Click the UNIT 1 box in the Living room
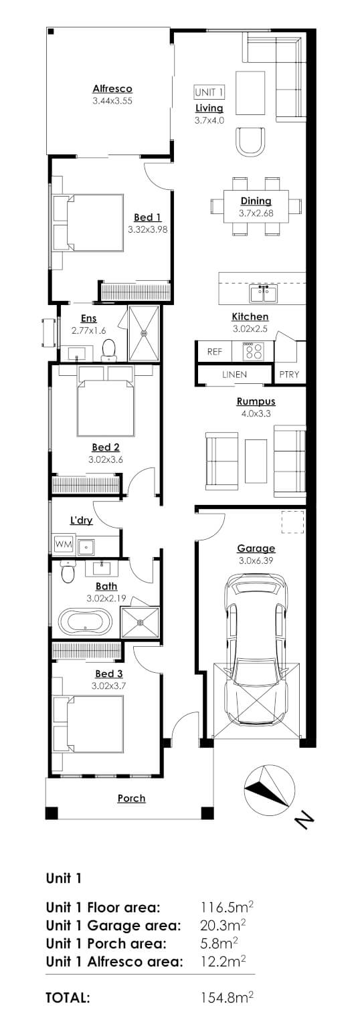209,92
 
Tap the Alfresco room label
112,88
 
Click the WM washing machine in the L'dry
64,544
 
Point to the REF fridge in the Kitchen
214,351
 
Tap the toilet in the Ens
109,348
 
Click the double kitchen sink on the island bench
260,293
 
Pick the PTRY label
290,375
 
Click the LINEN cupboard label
234,375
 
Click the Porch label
131,798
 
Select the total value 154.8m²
228,997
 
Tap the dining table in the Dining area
256,206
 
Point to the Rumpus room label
256,402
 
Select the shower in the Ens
143,332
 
